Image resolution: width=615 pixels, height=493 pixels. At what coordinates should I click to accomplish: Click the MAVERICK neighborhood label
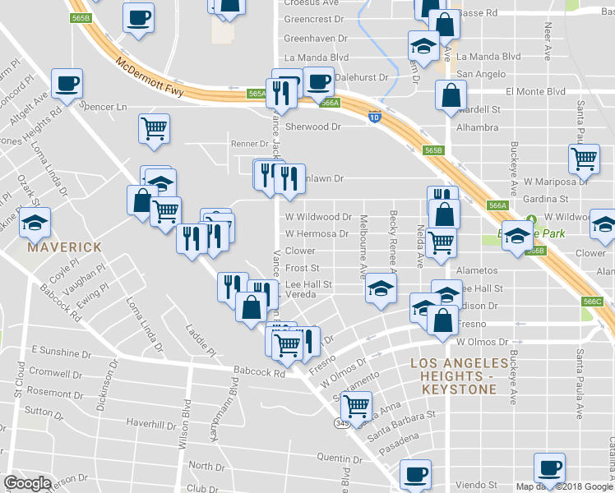coord(64,246)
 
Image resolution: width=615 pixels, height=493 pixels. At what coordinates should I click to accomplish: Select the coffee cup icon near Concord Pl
coord(67,83)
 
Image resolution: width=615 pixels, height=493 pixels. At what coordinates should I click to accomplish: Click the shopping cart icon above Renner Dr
coord(154,128)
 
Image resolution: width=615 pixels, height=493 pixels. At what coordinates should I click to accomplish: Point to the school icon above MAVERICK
coord(35,222)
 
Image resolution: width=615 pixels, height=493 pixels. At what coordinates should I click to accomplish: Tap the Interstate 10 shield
coord(374,117)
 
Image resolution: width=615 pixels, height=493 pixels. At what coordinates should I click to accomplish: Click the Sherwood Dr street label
coord(312,127)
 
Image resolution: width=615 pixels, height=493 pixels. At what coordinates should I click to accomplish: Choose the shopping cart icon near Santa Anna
coord(356,405)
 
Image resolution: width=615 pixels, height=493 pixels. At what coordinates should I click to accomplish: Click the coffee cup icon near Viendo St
coord(548,468)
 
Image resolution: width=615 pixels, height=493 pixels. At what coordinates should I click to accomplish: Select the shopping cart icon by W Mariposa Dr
coord(584,159)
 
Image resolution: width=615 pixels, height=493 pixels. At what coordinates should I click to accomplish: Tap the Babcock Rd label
coord(258,371)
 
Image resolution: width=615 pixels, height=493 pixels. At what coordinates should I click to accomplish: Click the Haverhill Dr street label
coord(152,426)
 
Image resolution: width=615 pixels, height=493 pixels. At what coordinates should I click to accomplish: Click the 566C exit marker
coord(592,302)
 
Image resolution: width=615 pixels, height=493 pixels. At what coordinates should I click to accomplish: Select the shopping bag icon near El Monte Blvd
coord(451,96)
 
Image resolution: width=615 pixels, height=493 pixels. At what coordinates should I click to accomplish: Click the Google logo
coord(27,483)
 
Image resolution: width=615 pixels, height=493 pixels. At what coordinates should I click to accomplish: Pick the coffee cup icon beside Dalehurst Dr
coord(318,81)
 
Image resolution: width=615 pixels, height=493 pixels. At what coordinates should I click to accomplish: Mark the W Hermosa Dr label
coord(317,234)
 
